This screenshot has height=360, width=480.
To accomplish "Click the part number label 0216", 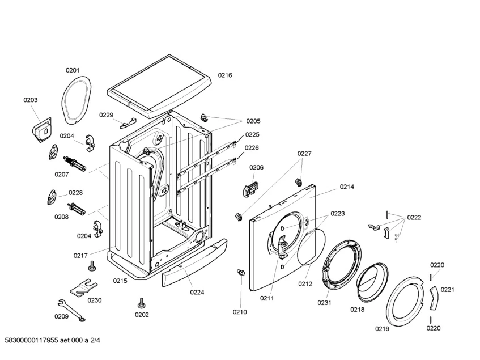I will (225, 75).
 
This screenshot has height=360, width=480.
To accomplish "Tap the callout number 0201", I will (72, 70).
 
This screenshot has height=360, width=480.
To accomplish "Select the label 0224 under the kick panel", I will (197, 293).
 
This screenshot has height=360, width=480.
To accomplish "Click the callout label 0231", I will (324, 303).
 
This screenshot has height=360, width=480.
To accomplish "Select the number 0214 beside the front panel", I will (347, 187).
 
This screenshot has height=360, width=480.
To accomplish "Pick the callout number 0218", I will (357, 310).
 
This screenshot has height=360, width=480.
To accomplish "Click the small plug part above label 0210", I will (241, 274).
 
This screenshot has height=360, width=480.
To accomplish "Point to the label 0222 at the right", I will (414, 217).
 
